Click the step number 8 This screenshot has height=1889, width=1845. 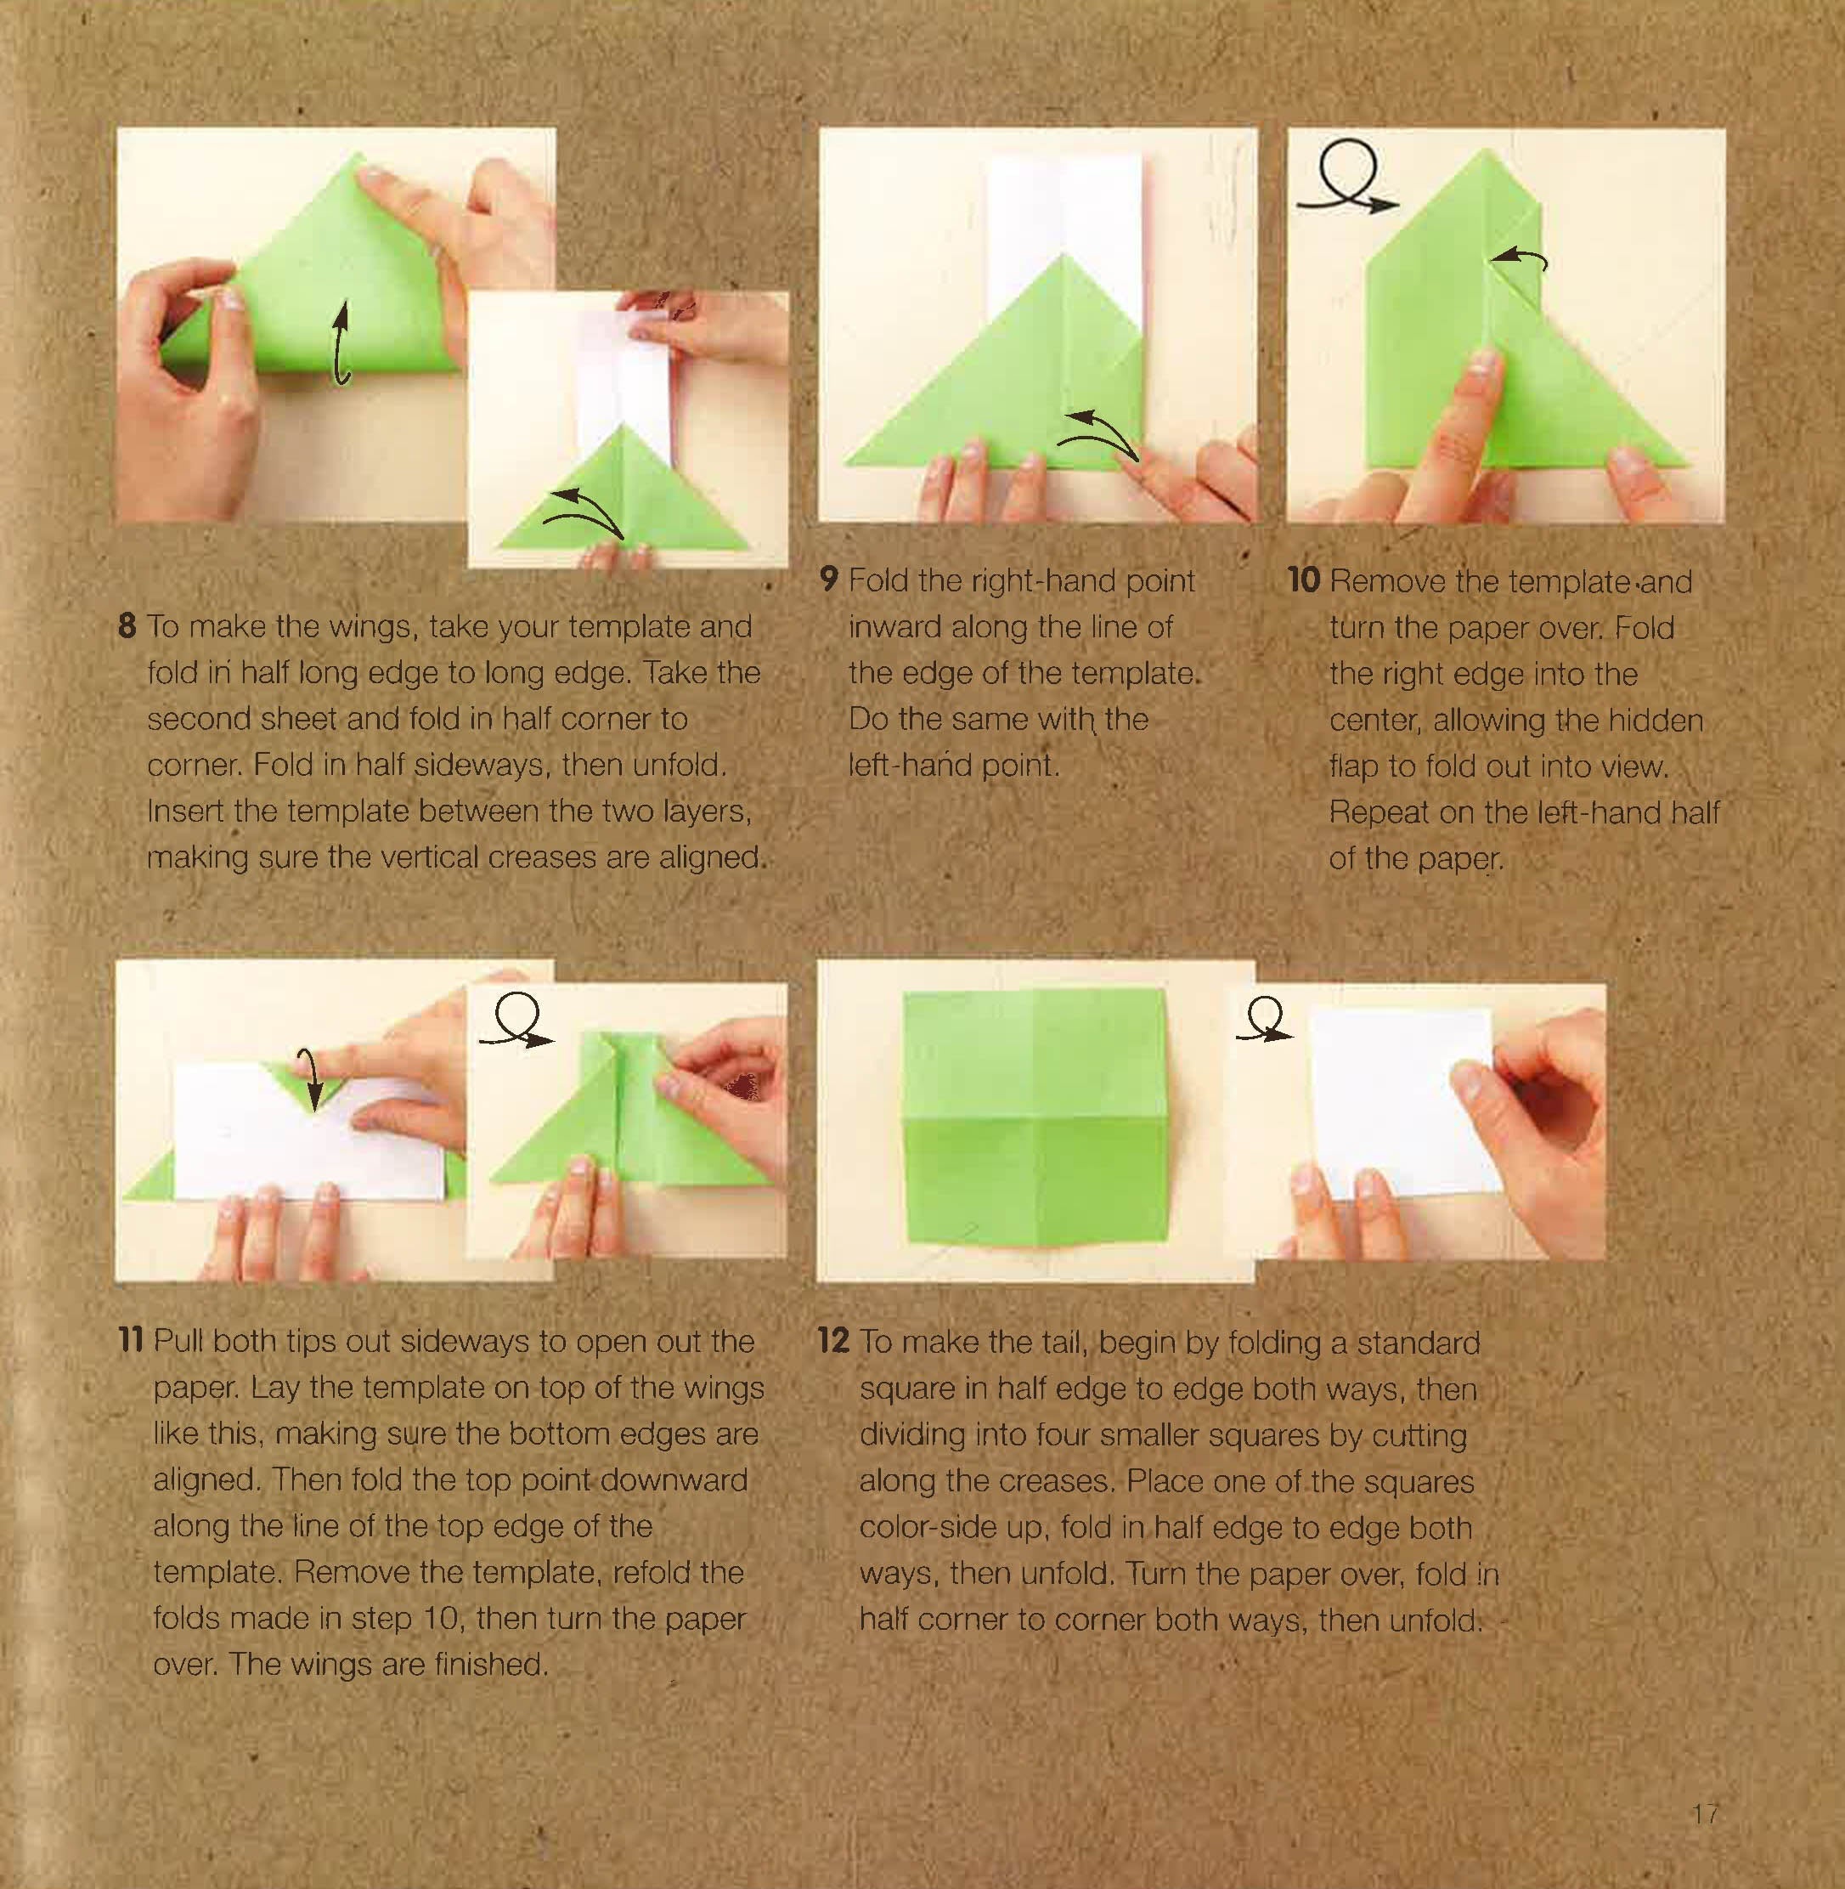pyautogui.click(x=127, y=626)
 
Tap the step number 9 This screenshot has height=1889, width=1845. pyautogui.click(x=828, y=580)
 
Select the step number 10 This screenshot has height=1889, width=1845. pyautogui.click(x=1303, y=581)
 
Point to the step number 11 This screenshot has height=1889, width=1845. pyautogui.click(x=131, y=1342)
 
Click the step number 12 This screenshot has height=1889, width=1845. pyautogui.click(x=834, y=1342)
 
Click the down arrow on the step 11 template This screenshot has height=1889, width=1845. pyautogui.click(x=313, y=1077)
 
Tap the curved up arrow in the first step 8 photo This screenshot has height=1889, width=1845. pyautogui.click(x=340, y=343)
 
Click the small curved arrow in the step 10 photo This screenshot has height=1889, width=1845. pyautogui.click(x=1519, y=257)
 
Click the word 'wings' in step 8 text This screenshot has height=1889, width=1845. pyautogui.click(x=366, y=627)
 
